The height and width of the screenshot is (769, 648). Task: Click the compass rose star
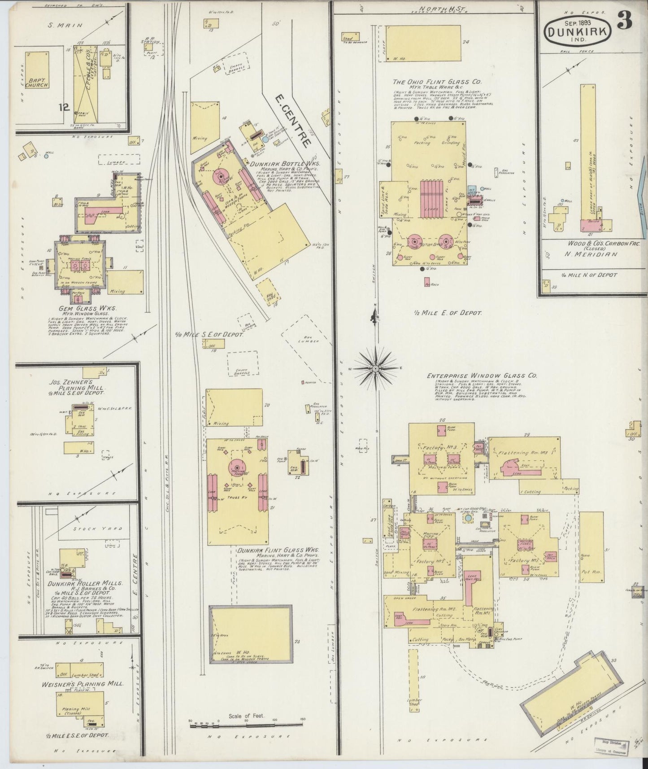pos(375,368)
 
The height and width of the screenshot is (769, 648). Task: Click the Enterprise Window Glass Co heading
pos(482,376)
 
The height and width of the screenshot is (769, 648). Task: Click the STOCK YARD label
pos(96,529)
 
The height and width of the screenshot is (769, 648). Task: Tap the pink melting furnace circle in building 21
pos(237,466)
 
